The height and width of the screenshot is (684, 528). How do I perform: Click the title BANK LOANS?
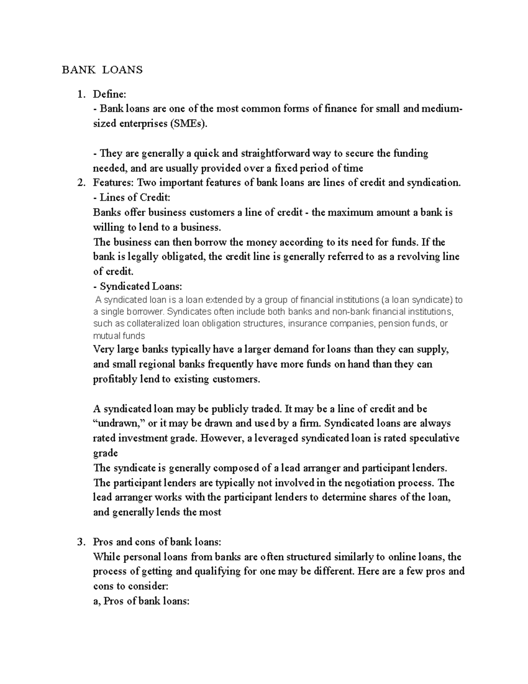click(x=102, y=70)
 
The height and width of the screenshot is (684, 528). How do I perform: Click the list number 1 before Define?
click(x=80, y=94)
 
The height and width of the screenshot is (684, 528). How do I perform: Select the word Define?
click(x=110, y=94)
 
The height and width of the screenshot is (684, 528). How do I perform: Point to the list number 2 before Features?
click(x=80, y=183)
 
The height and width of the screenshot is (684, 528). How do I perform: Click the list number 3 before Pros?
click(x=80, y=542)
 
